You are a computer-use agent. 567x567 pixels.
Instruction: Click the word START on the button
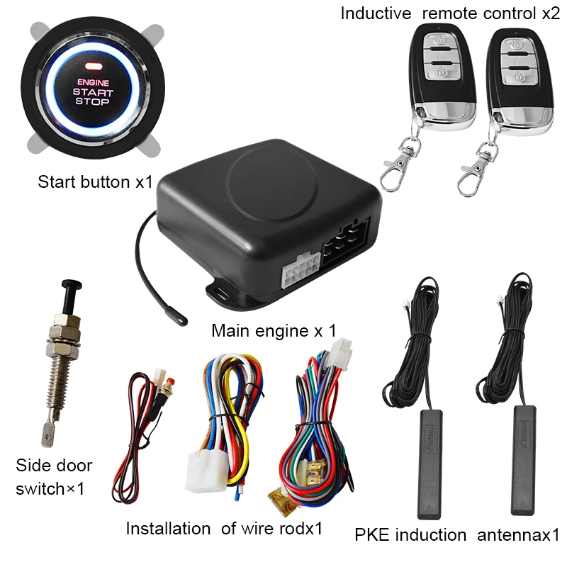tap(92, 92)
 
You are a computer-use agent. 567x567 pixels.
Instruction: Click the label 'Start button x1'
tap(95, 181)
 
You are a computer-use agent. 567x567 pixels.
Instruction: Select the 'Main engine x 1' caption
tap(273, 330)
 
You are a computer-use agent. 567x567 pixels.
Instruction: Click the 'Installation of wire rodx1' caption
tap(224, 528)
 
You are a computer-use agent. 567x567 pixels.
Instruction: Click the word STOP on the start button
tap(92, 102)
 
